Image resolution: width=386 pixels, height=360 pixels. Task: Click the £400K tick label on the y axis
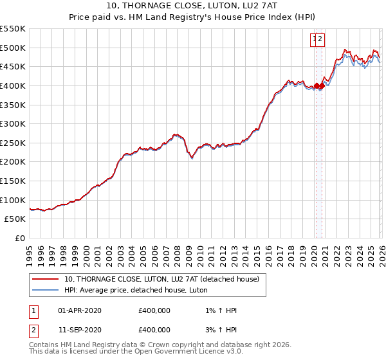[x=13, y=85]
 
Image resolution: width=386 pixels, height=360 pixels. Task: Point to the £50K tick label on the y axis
[x=15, y=219]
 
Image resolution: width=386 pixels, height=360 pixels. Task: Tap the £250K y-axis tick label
[x=13, y=143]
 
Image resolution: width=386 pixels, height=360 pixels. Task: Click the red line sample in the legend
[x=46, y=279]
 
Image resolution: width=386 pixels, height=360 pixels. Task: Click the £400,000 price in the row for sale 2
[x=154, y=330]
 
